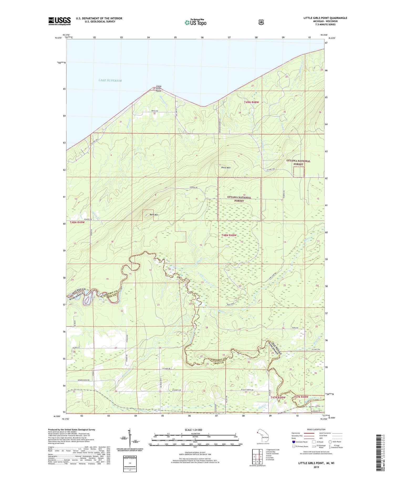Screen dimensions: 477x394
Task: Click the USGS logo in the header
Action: coord(59,21)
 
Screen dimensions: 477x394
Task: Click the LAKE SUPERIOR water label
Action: coord(110,81)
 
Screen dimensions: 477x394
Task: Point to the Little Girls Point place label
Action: coord(159,88)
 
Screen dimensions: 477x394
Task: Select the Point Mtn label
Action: coord(226,168)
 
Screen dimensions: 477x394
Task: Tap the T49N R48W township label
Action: coord(253,102)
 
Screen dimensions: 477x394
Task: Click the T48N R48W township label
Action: coord(229,235)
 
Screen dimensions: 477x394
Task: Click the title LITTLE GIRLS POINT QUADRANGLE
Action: coord(325,18)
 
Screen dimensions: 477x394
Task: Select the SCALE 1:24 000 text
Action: coord(193,430)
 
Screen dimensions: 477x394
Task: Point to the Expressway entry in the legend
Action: coord(296,433)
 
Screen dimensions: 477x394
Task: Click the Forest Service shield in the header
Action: coord(261,22)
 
